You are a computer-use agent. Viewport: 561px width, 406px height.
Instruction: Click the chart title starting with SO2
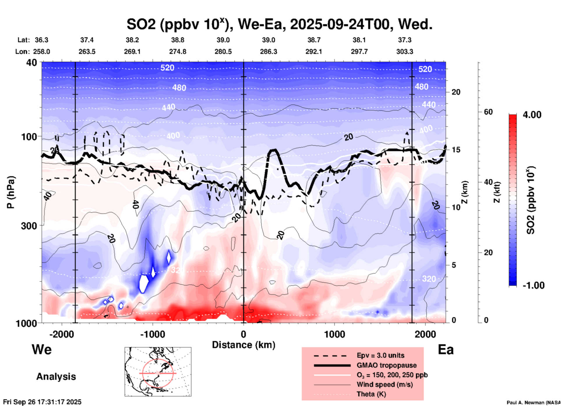279,24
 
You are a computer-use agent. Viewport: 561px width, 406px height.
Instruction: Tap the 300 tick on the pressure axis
29,226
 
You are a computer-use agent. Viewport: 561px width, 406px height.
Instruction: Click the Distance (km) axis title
244,345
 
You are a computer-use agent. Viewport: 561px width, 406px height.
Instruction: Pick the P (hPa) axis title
11,192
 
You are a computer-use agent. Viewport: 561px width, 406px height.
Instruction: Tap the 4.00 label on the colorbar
532,114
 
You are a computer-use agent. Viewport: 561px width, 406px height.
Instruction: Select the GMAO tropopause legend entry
387,365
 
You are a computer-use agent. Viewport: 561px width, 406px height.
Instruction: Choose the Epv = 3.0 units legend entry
380,355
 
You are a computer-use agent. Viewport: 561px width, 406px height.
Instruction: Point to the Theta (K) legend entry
371,394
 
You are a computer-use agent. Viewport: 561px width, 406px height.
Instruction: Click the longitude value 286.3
268,52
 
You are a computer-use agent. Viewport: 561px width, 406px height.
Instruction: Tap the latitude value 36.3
41,40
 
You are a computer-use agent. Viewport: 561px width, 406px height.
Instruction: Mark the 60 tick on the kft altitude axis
488,112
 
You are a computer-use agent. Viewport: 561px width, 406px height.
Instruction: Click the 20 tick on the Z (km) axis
456,92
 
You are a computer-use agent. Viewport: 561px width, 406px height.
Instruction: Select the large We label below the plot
42,349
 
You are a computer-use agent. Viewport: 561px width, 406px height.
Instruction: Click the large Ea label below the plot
446,350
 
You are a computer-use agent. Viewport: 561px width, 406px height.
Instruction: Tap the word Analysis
56,377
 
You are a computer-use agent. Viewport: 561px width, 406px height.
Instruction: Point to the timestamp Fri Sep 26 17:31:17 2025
42,402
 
